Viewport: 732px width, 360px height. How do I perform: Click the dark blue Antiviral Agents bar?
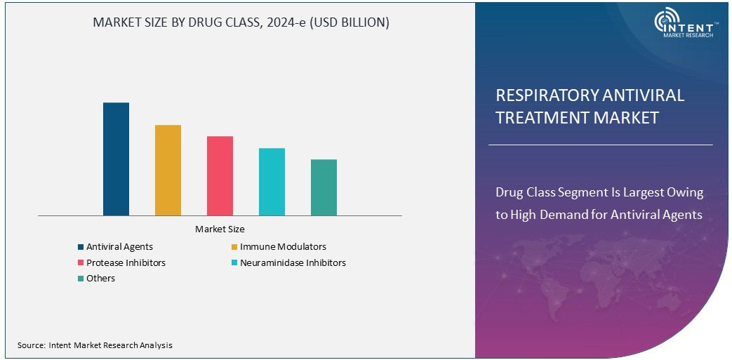pos(116,159)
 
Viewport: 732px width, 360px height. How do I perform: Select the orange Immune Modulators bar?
pos(168,170)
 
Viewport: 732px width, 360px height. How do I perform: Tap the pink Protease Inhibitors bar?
pos(220,175)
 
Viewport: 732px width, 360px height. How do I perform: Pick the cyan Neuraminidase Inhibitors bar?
pos(272,181)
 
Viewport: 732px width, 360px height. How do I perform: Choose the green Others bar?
pos(324,187)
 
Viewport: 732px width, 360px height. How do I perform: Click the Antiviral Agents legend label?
pos(119,247)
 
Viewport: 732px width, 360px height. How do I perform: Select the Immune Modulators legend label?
pos(283,247)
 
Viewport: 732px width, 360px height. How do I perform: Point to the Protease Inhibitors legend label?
pos(126,262)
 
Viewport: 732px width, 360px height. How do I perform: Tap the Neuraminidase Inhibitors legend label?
pos(293,262)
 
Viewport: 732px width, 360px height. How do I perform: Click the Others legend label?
pos(100,279)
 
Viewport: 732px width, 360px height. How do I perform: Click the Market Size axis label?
pos(220,229)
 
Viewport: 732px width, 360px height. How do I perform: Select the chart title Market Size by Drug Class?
pos(241,22)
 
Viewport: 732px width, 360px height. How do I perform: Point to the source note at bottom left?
pos(95,345)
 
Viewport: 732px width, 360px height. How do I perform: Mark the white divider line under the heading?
pos(600,145)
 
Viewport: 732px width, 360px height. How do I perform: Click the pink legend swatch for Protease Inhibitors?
pos(81,263)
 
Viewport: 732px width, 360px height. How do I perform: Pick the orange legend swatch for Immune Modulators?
pos(234,247)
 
